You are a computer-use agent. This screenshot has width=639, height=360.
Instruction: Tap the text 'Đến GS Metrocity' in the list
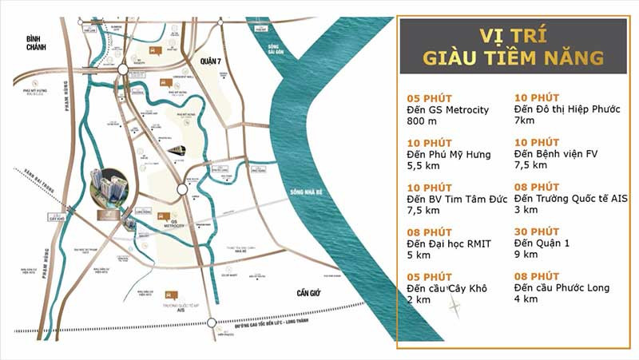[x=447, y=109]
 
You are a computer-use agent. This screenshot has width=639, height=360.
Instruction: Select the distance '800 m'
[x=422, y=122]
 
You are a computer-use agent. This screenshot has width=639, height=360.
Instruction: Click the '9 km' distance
[x=526, y=255]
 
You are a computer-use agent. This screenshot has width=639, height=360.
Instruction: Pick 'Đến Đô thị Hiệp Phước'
[x=564, y=109]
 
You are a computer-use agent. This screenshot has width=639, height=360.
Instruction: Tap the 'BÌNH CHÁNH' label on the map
[x=37, y=42]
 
